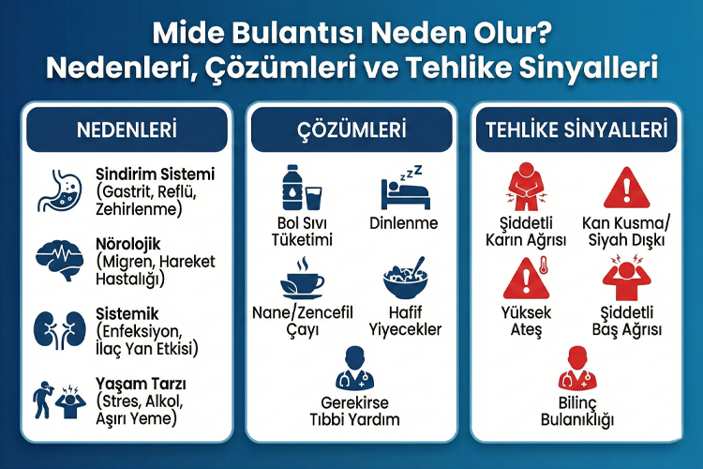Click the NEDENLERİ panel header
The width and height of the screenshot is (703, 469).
pyautogui.click(x=127, y=130)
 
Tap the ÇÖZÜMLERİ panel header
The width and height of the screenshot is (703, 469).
pyautogui.click(x=351, y=130)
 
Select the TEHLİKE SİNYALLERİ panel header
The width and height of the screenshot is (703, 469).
pyautogui.click(x=576, y=130)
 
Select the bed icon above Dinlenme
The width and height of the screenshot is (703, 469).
pyautogui.click(x=404, y=189)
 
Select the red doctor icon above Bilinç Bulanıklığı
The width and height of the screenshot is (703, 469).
pyautogui.click(x=576, y=368)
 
